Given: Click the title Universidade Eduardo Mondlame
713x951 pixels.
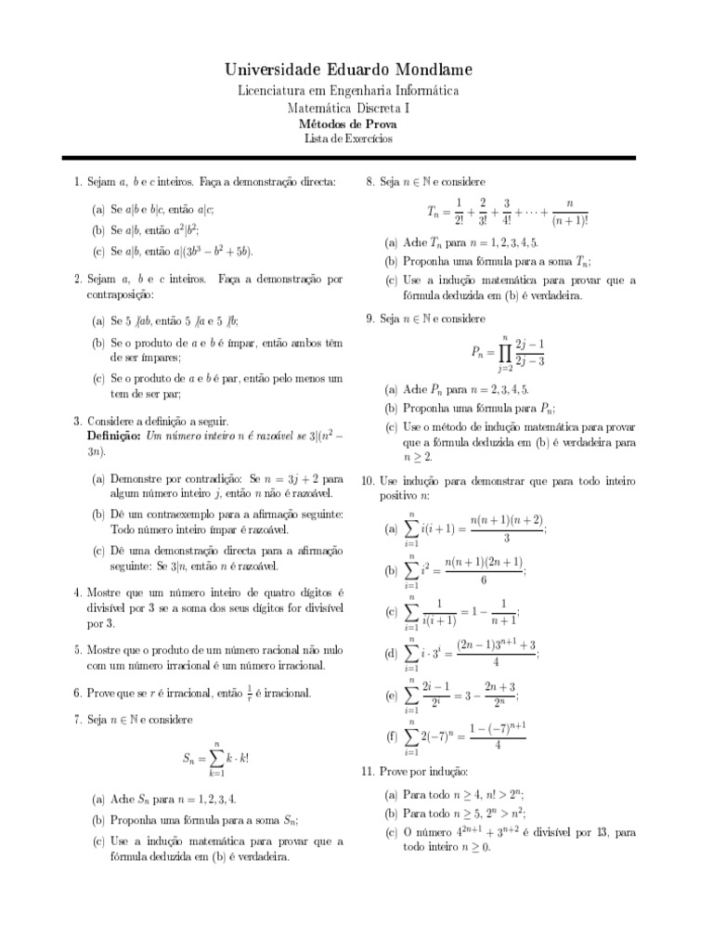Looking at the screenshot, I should (348, 70).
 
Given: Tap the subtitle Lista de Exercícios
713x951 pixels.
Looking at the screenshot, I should (348, 139).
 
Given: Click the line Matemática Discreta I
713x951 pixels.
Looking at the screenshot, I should (348, 108).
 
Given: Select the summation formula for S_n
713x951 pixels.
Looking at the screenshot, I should (215, 758).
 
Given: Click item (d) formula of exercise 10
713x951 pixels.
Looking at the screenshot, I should (473, 654).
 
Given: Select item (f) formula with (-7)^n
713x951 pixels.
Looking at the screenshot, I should (467, 736).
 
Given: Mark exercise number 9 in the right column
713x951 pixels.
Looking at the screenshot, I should (369, 319).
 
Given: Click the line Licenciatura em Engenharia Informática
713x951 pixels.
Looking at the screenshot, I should (348, 91).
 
